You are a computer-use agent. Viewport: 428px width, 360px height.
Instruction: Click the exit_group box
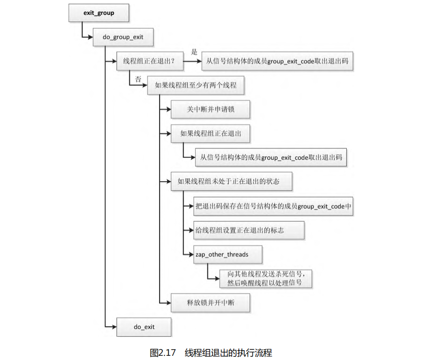[98, 13]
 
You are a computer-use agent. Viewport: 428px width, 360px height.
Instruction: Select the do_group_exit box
[123, 37]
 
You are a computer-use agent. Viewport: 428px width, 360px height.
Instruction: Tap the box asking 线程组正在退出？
[148, 61]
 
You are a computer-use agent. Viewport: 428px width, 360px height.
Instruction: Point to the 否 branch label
[138, 79]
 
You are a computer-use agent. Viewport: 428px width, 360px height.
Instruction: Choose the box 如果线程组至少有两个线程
[196, 86]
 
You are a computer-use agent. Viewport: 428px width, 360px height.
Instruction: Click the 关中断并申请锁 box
[210, 110]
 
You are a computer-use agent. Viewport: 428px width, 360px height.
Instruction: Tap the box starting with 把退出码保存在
[273, 206]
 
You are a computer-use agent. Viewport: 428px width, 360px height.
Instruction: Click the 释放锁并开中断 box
[210, 303]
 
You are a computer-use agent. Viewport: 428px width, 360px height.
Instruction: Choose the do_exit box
[144, 327]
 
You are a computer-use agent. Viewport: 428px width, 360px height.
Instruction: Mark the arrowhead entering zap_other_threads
[192, 254]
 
